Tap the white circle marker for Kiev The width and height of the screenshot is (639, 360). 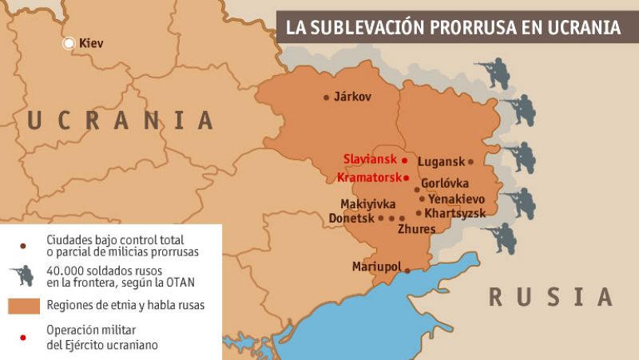tap(69, 43)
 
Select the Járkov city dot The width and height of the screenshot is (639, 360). tap(326, 97)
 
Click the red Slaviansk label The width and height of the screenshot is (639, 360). tap(370, 159)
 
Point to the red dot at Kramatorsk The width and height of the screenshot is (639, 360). tap(406, 177)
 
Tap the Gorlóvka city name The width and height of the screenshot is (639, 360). tap(445, 184)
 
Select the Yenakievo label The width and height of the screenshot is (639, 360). tap(456, 199)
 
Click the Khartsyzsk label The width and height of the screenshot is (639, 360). tap(455, 213)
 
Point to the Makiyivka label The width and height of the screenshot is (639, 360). tap(367, 204)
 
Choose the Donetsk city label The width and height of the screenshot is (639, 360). tap(351, 218)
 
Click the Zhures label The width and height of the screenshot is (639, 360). tap(416, 230)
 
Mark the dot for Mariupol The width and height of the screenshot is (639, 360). tap(407, 271)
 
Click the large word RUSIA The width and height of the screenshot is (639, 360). tap(550, 297)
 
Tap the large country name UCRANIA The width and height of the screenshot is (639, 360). tap(120, 121)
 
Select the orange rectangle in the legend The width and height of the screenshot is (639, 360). tap(24, 306)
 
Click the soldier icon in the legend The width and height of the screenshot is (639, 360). tap(22, 275)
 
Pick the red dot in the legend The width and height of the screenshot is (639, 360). tap(23, 338)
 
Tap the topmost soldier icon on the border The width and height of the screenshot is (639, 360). tap(493, 73)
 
